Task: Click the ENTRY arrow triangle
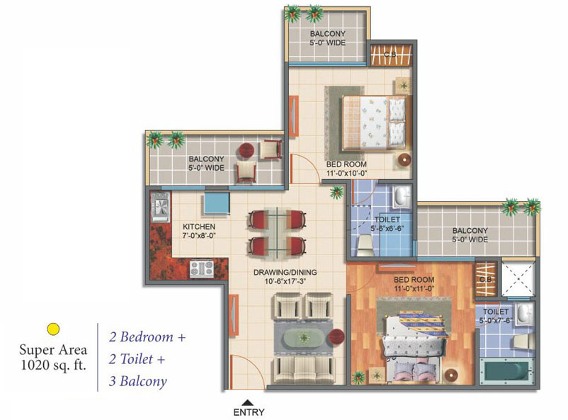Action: click(247, 402)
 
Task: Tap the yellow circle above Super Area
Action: click(53, 329)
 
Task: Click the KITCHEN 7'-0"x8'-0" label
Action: click(199, 231)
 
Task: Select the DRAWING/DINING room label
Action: click(285, 276)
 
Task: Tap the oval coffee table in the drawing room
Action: click(304, 338)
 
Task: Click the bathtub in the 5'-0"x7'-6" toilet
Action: click(507, 371)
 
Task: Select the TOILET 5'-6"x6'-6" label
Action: click(387, 224)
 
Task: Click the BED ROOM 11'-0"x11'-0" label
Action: click(414, 284)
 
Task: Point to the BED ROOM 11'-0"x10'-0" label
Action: click(346, 169)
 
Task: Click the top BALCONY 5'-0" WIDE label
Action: click(327, 38)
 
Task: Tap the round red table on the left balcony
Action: click(247, 151)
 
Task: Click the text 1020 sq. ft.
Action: click(54, 365)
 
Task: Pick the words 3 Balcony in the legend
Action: click(137, 381)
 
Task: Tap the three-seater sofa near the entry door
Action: click(304, 370)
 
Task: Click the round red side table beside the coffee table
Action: click(336, 337)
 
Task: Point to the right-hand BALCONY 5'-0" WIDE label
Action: click(470, 235)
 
